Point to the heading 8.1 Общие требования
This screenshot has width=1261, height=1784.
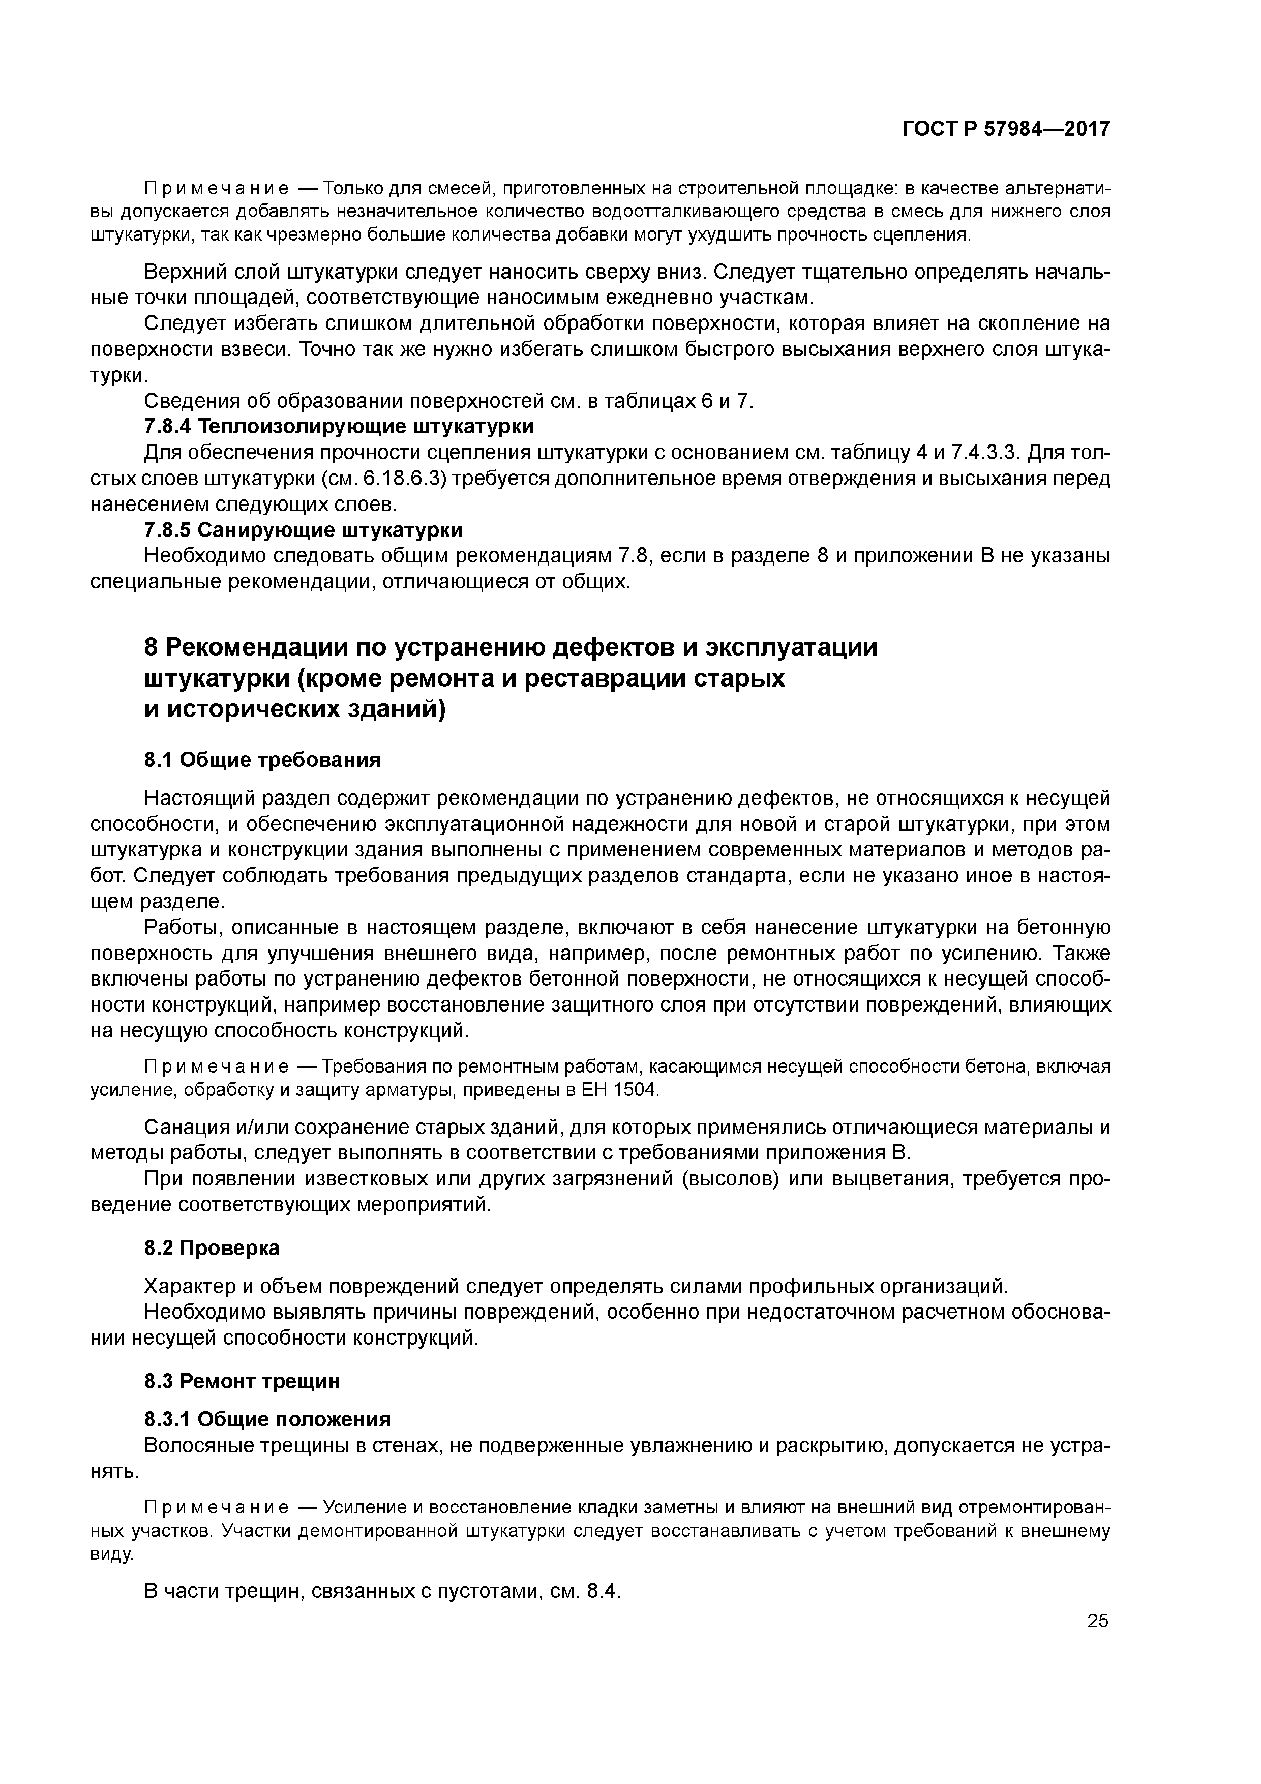(262, 759)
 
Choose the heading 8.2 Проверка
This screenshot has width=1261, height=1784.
(212, 1248)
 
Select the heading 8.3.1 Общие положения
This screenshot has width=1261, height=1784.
(267, 1419)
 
